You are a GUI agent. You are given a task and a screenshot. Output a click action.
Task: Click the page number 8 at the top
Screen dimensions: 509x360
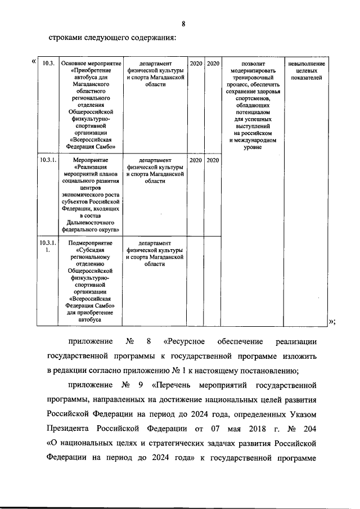click(x=183, y=24)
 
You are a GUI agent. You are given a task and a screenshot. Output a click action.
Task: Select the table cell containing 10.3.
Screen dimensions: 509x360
click(x=48, y=64)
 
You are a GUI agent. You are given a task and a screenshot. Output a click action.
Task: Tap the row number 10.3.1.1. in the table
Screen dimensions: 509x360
click(x=48, y=246)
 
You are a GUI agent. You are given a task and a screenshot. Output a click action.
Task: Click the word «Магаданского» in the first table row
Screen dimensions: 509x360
click(x=91, y=84)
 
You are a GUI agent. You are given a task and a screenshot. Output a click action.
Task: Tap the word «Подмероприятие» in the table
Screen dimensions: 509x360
click(x=91, y=243)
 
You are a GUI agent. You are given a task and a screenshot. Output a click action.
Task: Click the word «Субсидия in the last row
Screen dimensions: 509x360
click(x=91, y=250)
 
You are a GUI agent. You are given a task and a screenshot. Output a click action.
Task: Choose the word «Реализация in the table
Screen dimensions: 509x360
click(x=91, y=167)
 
